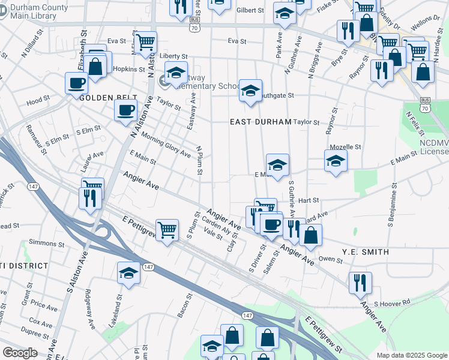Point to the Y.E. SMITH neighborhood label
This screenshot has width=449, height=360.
coord(365,252)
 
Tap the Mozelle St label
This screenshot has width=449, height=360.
coord(345,147)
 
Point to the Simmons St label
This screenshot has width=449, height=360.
coord(42,243)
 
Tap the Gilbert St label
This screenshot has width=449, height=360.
coord(250,11)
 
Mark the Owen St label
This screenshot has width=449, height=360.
coord(330,259)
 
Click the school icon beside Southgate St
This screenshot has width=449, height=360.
coord(250,91)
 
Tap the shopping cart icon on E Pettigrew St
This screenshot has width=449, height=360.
coord(167,230)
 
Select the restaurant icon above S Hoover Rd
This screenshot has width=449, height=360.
coord(360,282)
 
